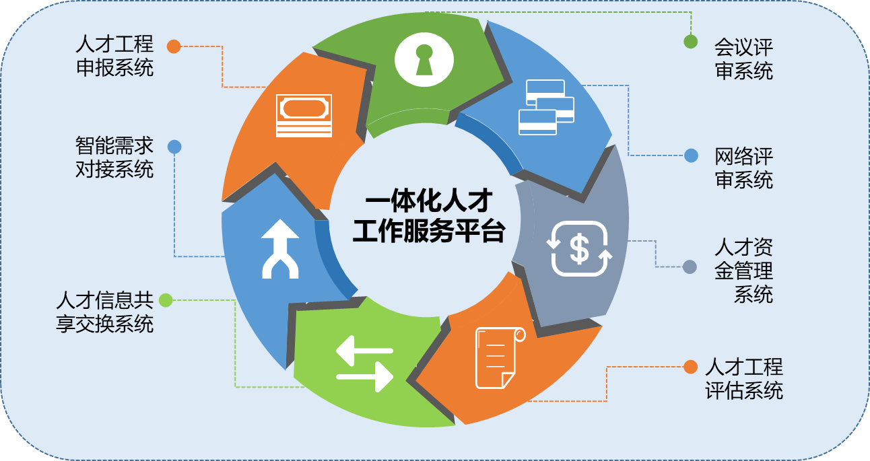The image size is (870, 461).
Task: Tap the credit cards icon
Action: (546, 107)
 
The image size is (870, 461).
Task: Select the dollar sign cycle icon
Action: (579, 248)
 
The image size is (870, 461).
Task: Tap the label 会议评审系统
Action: (743, 59)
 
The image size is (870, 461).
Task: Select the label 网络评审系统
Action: (743, 168)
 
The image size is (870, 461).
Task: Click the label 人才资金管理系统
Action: (743, 271)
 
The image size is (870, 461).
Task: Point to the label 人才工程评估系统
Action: (743, 378)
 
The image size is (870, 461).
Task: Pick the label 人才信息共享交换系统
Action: (105, 312)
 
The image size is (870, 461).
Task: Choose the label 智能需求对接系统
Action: (114, 157)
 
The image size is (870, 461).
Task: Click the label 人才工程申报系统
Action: (114, 57)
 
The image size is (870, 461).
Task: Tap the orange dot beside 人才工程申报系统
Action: (174, 46)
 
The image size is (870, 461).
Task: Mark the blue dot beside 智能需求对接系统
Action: (174, 146)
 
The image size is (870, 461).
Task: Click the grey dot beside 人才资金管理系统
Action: (690, 267)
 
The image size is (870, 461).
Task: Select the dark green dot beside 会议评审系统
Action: (690, 42)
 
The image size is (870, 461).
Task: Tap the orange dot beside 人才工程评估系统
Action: (690, 367)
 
